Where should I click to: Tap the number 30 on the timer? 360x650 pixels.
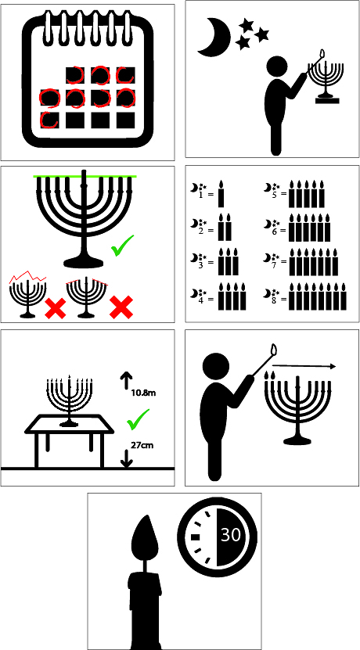coord(231,535)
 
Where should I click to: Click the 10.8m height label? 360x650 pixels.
coord(143,392)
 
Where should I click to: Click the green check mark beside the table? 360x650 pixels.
coord(138,418)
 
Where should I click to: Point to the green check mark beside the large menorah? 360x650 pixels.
coord(122,246)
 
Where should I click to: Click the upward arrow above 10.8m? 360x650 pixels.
coord(126,379)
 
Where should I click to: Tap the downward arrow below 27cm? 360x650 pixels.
coord(128,459)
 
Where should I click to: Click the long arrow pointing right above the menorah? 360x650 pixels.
coord(304,366)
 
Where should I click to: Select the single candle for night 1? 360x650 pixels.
coord(221,194)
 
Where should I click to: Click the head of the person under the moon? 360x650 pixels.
coord(276,67)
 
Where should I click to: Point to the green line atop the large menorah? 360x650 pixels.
coord(85,177)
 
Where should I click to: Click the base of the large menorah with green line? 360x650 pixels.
coord(84,261)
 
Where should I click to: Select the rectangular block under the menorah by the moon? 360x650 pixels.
coord(327,100)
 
